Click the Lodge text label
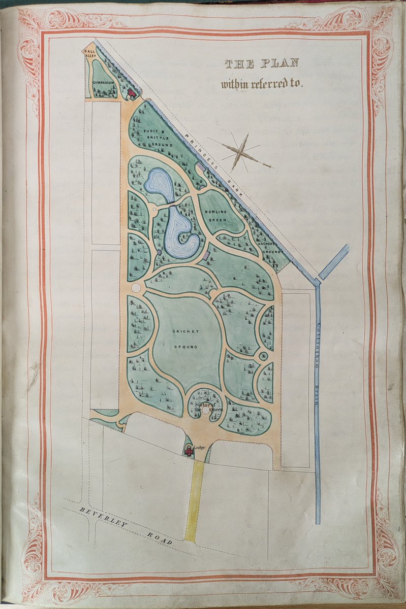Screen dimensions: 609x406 (199, 447)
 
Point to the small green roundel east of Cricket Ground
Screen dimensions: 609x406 (263, 356)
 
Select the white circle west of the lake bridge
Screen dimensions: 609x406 (154, 209)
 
